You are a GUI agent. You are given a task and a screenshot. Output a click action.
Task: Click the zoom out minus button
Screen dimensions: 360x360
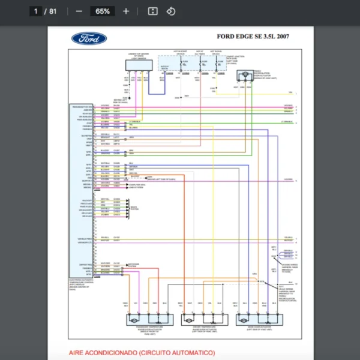79,11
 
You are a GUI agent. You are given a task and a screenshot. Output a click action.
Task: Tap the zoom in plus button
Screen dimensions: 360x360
125,11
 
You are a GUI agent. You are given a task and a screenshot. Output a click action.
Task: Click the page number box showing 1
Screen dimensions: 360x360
37,11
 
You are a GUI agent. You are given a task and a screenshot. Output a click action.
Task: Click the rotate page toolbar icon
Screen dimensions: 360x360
170,11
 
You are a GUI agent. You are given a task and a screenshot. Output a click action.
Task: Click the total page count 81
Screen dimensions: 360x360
53,11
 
